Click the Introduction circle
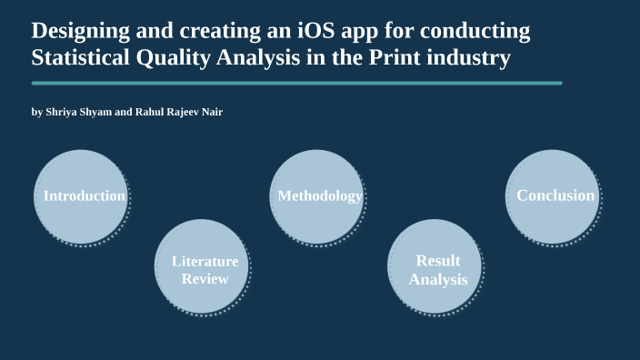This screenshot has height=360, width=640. point(82,197)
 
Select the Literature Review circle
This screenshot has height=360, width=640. point(202,267)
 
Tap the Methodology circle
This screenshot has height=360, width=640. point(318,197)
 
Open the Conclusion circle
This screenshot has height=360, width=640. point(553,197)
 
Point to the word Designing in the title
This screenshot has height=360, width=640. point(76,31)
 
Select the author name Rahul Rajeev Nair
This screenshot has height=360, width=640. point(178,113)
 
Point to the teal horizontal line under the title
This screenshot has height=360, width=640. point(296,83)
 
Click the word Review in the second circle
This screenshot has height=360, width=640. point(205,279)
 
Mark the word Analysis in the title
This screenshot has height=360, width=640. point(250,59)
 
